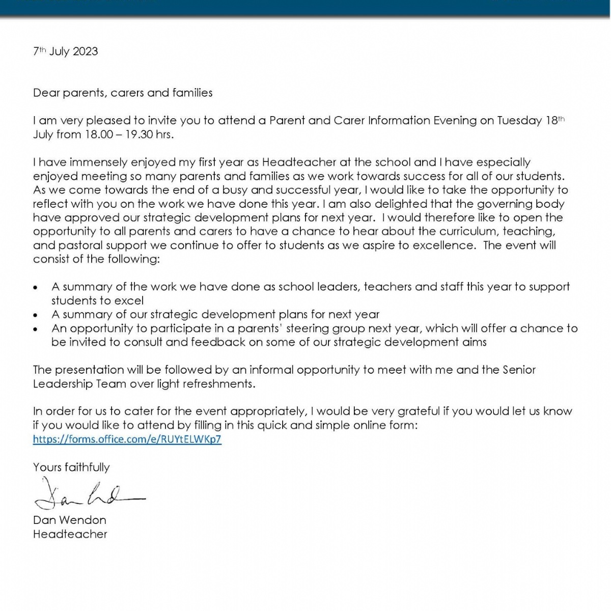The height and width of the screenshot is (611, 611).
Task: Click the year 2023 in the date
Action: point(85,51)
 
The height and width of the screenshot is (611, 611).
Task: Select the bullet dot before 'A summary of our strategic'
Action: point(35,315)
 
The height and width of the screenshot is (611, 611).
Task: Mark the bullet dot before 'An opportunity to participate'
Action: point(35,329)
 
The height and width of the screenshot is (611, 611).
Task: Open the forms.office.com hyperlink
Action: point(127,439)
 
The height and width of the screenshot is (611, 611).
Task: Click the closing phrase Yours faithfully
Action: point(71,467)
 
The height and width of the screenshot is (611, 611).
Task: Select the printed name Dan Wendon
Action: point(70,520)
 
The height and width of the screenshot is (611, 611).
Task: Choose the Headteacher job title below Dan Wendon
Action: point(70,534)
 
